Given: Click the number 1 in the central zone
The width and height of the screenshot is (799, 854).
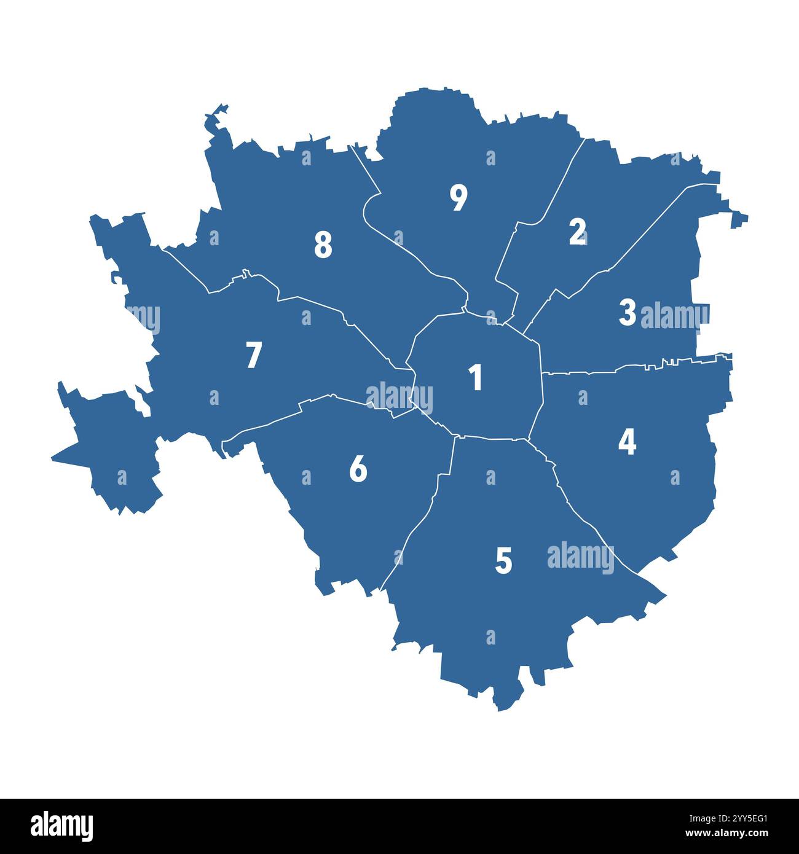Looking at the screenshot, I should (475, 377).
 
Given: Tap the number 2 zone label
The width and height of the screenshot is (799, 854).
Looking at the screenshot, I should (577, 232).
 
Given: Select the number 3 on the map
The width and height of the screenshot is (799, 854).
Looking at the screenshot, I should (627, 313).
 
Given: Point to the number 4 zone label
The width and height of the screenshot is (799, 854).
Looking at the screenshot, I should (627, 442).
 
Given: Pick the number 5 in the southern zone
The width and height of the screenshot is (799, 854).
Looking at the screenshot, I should (503, 561).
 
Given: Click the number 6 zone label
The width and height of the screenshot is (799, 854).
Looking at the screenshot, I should (358, 469).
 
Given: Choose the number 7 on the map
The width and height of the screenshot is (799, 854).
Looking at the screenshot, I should (253, 355).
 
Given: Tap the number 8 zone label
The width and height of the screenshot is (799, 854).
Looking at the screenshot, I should (323, 245).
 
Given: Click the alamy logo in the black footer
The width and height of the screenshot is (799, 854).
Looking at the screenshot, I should (61, 826).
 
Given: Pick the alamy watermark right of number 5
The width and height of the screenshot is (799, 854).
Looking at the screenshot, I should (580, 558).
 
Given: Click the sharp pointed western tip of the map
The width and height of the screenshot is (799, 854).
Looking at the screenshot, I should (52, 458).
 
